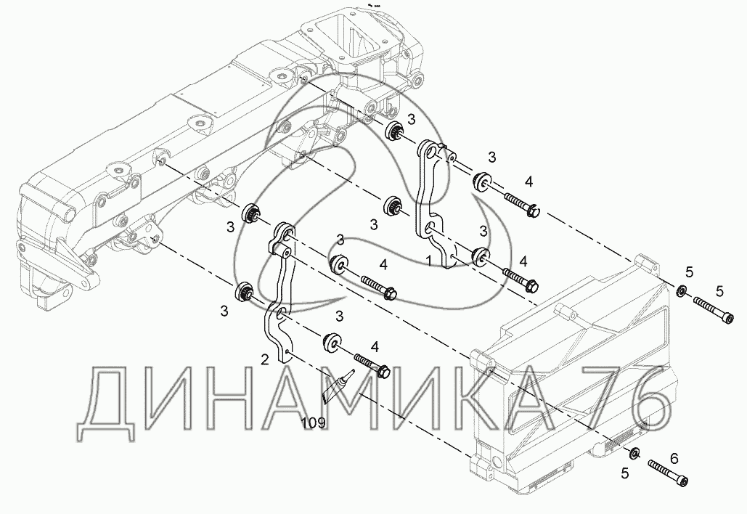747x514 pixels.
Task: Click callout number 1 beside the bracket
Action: point(430,258)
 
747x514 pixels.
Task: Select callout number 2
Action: point(265,359)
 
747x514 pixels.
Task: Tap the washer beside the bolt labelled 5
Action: point(681,292)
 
